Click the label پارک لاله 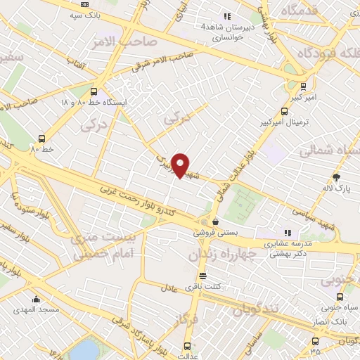coord(342,188)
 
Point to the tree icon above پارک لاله coord(337,177)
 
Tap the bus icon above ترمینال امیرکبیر coord(284,111)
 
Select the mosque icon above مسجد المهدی coord(37,300)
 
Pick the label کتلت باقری coord(202,286)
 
